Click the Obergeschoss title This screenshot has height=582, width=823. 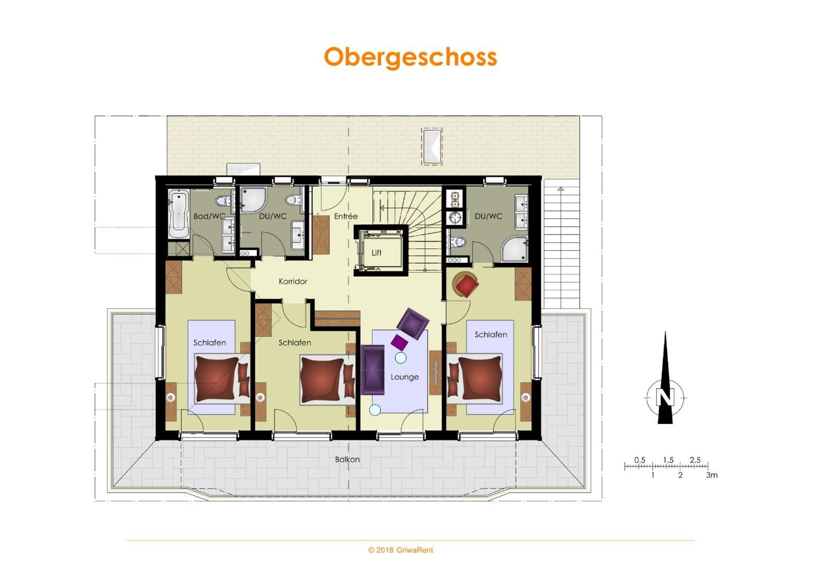[410, 57]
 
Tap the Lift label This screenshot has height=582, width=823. [377, 253]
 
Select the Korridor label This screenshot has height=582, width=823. [293, 281]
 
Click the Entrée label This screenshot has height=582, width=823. [346, 216]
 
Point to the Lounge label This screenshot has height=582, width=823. [405, 377]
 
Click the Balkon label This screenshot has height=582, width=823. [347, 459]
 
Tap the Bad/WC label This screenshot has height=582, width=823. [209, 216]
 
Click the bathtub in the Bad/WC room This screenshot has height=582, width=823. [179, 214]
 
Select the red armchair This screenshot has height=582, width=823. [465, 284]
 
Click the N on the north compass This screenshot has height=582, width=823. [665, 397]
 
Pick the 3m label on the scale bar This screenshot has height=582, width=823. [712, 475]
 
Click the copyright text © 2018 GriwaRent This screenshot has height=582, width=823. [400, 550]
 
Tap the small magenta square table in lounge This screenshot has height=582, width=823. [399, 342]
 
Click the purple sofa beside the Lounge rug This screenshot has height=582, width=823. [373, 370]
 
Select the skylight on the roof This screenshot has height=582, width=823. [432, 146]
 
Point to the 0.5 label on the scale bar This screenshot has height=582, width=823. [639, 460]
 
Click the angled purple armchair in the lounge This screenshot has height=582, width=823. [413, 323]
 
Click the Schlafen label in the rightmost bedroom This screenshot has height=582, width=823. [491, 334]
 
